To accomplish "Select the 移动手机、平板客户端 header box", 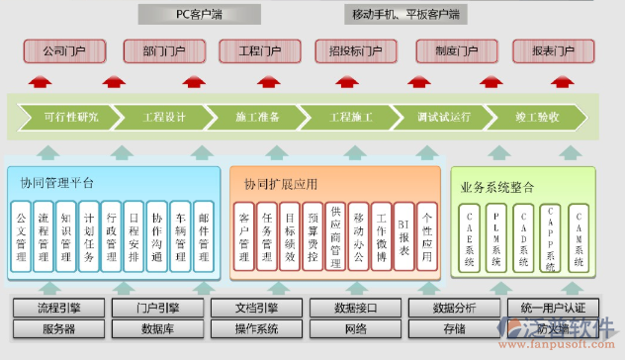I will [407, 14].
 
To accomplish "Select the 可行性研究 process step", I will [71, 118].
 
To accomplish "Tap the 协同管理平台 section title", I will [57, 183].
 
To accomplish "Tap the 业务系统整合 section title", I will [497, 186].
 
